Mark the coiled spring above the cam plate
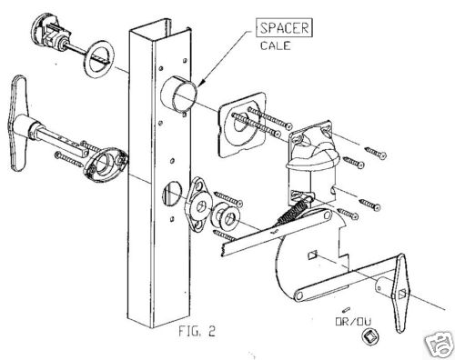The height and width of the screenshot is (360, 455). [x=290, y=216]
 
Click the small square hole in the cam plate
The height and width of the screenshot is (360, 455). [x=312, y=255]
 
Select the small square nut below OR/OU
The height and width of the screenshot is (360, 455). [x=369, y=341]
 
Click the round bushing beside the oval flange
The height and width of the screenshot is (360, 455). [x=225, y=219]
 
